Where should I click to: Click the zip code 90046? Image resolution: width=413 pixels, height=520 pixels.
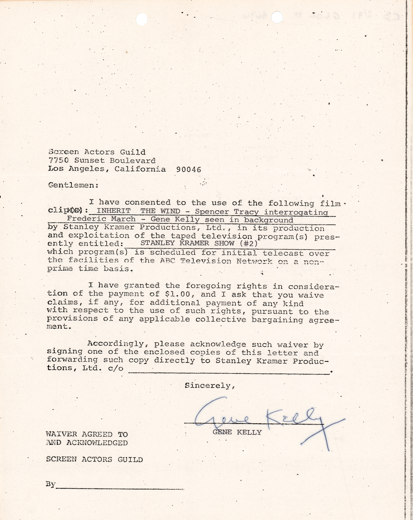(x=189, y=170)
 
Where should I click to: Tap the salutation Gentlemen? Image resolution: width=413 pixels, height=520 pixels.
(x=73, y=185)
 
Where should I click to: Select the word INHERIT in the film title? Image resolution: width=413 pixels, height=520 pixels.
(x=113, y=211)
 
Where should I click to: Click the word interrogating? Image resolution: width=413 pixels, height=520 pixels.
(x=296, y=212)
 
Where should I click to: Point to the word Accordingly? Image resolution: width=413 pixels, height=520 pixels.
(x=116, y=344)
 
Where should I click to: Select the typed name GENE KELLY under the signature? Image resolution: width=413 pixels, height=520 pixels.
(x=237, y=432)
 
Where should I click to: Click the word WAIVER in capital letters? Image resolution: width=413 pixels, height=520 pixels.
(x=61, y=434)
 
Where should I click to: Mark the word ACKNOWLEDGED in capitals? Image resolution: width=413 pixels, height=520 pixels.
(x=97, y=443)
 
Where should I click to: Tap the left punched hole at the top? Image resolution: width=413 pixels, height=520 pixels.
(x=142, y=19)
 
